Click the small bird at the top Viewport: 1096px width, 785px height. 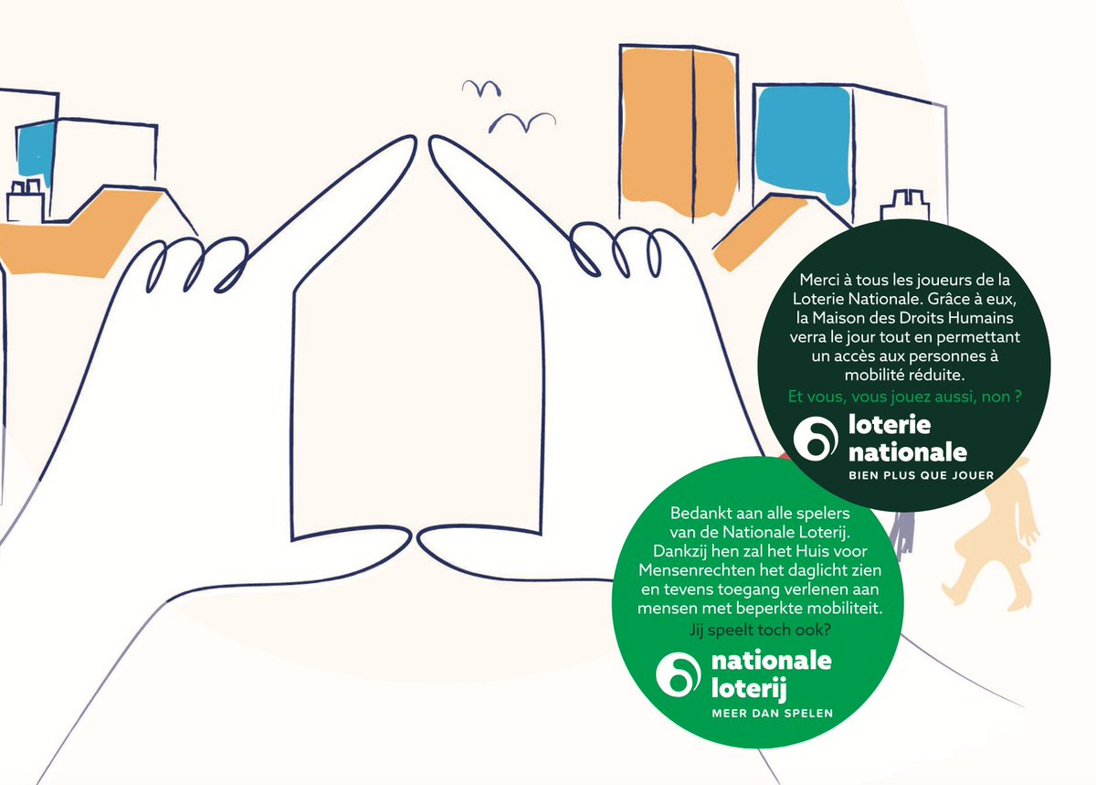(481, 88)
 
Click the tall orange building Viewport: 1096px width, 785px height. (679, 132)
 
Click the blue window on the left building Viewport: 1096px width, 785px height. (36, 152)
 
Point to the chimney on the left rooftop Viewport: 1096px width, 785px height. (26, 200)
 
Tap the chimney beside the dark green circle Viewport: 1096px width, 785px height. (905, 206)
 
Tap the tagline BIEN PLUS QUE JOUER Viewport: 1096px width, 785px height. (922, 475)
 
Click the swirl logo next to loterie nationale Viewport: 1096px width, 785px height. (816, 439)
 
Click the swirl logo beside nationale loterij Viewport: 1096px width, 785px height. (678, 674)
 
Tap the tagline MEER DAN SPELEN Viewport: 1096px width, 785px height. (772, 714)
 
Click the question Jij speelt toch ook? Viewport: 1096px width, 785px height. (760, 630)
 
